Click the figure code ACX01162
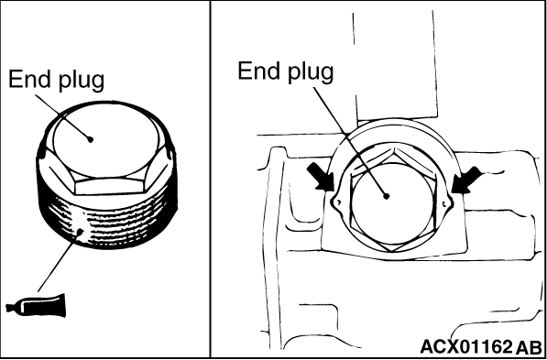click(x=465, y=347)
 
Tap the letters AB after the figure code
click(x=529, y=347)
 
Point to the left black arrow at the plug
click(x=320, y=177)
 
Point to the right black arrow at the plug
click(x=465, y=180)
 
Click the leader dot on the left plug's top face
click(x=91, y=139)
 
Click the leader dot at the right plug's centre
click(x=386, y=196)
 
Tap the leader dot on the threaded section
click(x=81, y=231)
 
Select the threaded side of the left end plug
click(x=108, y=224)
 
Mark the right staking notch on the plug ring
click(x=446, y=202)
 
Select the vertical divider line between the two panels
click(x=211, y=180)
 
